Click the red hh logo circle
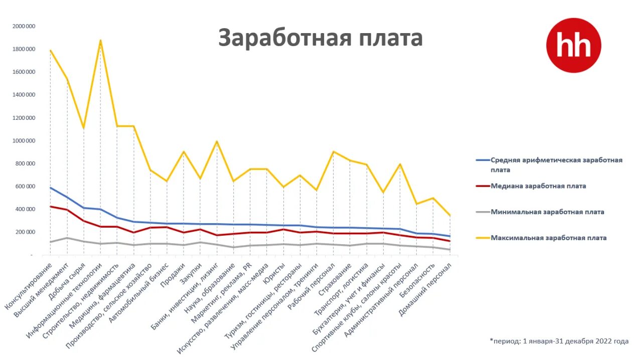(x=573, y=46)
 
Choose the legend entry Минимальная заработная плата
(x=547, y=212)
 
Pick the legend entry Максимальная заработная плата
(x=548, y=238)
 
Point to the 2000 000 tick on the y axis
(x=24, y=26)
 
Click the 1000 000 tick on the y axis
(x=24, y=141)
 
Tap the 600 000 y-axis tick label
(x=26, y=187)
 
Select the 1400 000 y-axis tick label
(x=24, y=95)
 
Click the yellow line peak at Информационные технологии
(x=100, y=41)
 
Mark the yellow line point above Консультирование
(x=51, y=51)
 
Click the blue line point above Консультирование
(x=51, y=188)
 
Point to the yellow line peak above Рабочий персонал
(x=333, y=151)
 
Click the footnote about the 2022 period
(x=559, y=341)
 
